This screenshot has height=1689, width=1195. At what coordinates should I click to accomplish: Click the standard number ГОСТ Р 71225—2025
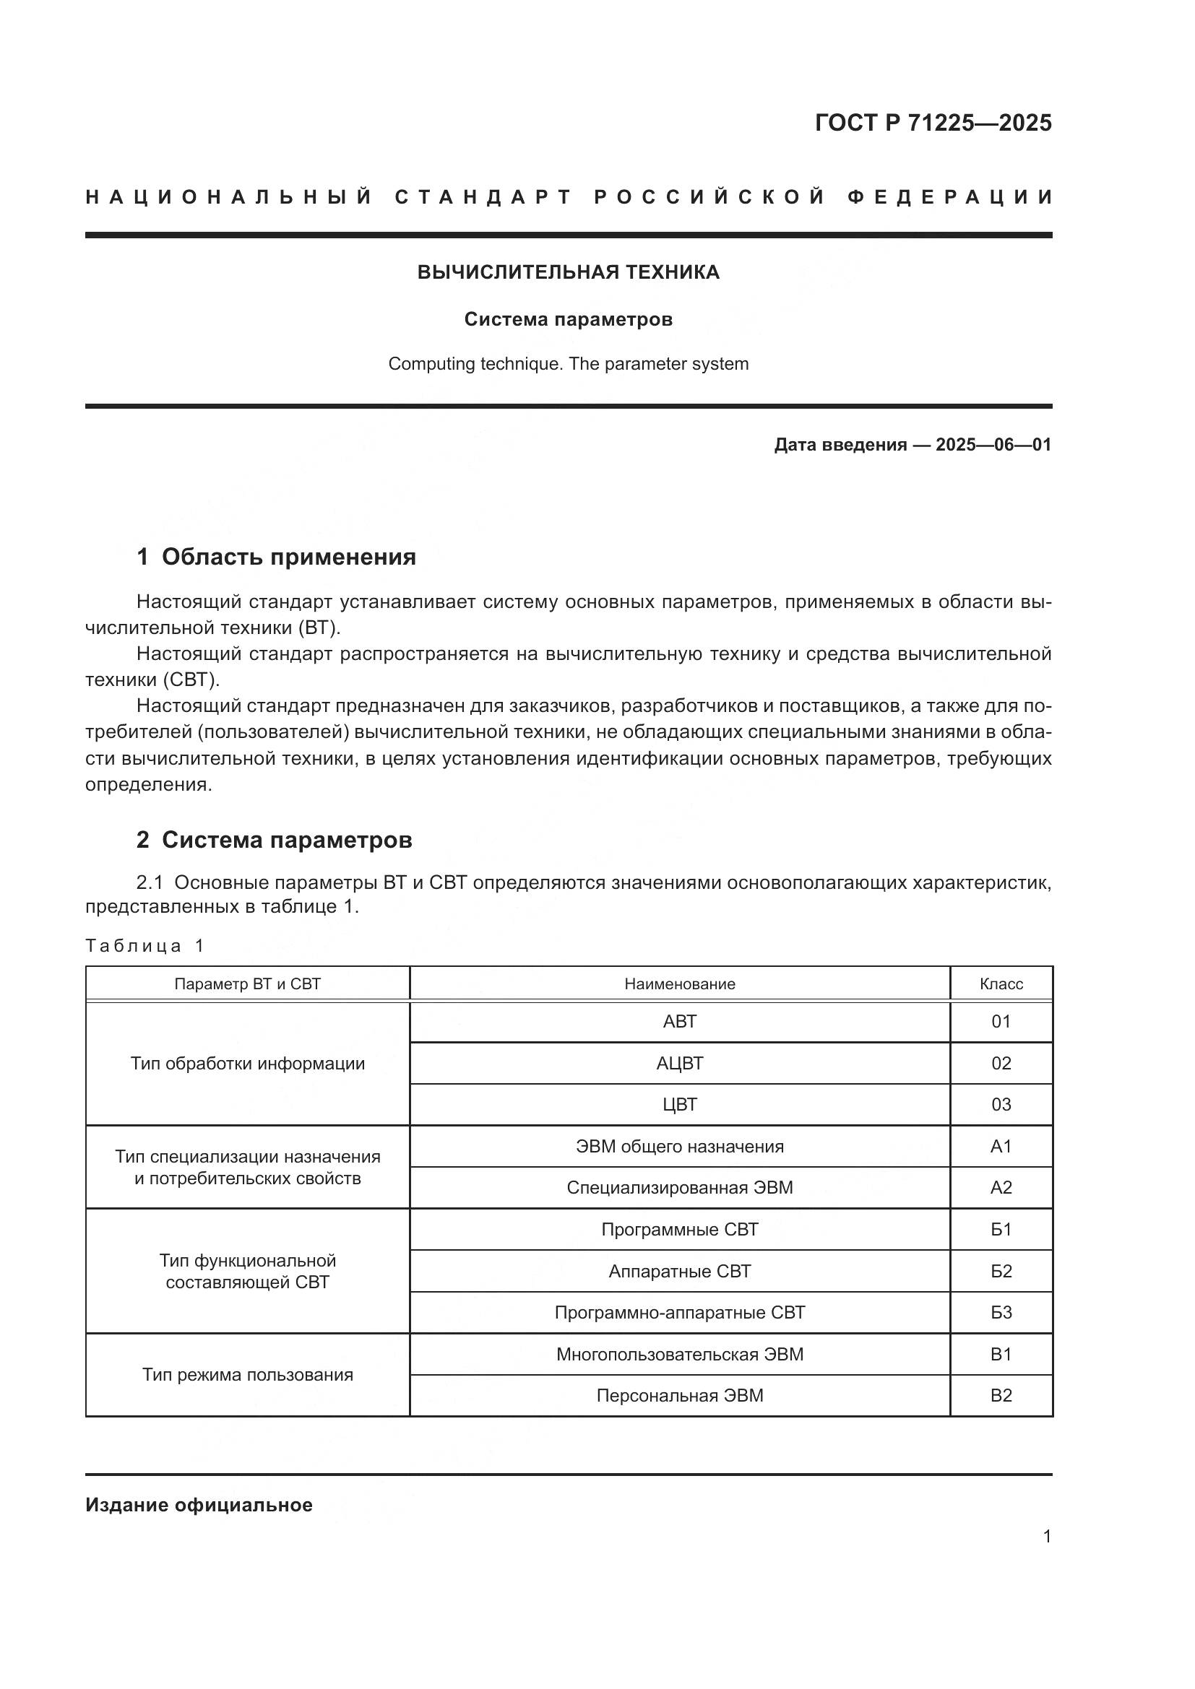click(x=932, y=123)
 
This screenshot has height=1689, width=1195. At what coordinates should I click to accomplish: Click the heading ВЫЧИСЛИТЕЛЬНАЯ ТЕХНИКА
click(x=568, y=272)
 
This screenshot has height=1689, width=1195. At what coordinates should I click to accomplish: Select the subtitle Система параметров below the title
click(x=568, y=319)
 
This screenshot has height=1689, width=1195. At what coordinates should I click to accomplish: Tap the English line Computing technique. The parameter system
click(x=568, y=364)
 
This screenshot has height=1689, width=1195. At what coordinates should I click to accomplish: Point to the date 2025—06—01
click(x=993, y=445)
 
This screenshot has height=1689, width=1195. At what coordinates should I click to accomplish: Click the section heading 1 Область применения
click(x=276, y=557)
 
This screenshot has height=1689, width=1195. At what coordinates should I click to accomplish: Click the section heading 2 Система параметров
click(x=274, y=839)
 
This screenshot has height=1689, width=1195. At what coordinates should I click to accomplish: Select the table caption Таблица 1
click(x=144, y=946)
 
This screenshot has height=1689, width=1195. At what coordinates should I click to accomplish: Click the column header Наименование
click(x=679, y=984)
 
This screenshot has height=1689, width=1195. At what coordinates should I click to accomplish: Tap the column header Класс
click(x=1001, y=984)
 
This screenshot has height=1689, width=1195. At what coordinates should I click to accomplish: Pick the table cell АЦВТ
click(x=679, y=1063)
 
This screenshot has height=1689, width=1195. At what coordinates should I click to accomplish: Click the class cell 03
click(x=1001, y=1104)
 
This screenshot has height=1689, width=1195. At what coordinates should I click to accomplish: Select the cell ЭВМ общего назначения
click(x=679, y=1146)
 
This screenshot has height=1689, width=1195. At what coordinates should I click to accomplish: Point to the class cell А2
click(x=1001, y=1187)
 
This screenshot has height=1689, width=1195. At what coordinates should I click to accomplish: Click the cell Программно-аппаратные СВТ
click(x=679, y=1312)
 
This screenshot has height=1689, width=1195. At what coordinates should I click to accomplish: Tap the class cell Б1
click(x=1001, y=1229)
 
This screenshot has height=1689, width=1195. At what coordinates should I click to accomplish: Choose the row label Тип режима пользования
click(x=247, y=1375)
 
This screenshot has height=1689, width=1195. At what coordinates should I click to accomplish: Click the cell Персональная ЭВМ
click(x=679, y=1396)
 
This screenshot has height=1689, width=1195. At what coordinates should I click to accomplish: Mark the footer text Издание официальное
click(x=199, y=1505)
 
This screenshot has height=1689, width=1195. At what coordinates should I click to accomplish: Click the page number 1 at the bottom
click(x=1046, y=1537)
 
